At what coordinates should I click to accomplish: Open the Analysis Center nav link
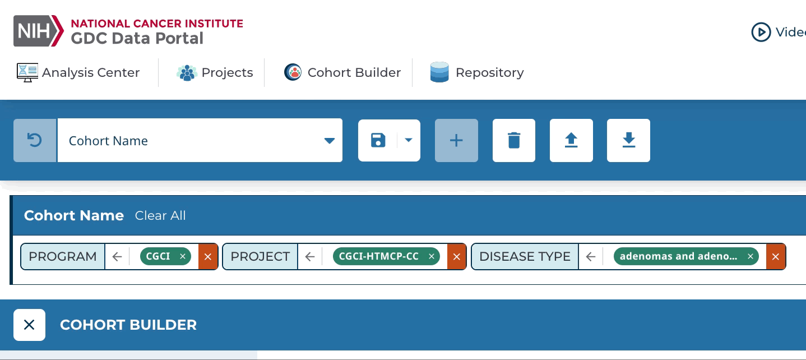(78, 73)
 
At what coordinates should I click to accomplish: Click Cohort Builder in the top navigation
(342, 73)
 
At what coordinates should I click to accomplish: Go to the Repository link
(477, 73)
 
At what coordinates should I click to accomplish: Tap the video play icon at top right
(761, 32)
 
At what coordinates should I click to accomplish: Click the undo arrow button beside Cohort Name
(35, 140)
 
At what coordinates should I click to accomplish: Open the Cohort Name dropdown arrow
(330, 141)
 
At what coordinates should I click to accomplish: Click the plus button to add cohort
(456, 140)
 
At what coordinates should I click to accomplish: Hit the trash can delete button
(514, 140)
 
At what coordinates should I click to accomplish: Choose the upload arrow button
(571, 140)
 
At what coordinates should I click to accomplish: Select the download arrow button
(628, 140)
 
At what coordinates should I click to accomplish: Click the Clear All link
(160, 216)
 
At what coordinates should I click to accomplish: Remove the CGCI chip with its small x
(183, 256)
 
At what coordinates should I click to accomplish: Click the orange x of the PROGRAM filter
(208, 257)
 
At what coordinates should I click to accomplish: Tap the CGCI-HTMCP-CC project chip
(379, 256)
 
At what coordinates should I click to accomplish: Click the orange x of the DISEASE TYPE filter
(776, 257)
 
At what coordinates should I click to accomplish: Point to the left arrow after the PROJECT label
(310, 257)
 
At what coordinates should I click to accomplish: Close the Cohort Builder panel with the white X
(29, 325)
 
